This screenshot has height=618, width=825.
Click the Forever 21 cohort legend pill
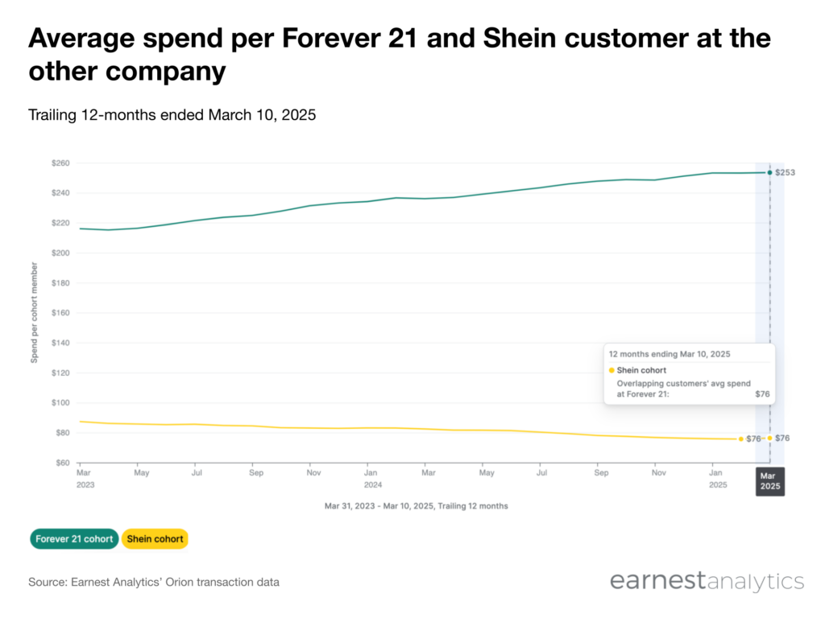[74, 538]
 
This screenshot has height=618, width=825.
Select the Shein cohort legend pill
[155, 538]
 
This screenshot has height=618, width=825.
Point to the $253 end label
[785, 172]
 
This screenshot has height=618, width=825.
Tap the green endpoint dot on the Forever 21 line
[769, 172]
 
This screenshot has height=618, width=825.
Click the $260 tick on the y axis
[60, 163]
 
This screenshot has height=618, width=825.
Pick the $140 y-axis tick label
[60, 343]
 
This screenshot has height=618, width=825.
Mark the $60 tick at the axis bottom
[63, 463]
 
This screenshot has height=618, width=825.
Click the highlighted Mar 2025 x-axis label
[770, 481]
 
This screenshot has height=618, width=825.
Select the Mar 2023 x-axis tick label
[85, 479]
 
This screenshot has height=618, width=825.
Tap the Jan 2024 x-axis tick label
[372, 479]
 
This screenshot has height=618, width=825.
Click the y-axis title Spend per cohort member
[34, 313]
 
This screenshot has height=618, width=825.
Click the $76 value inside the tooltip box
[762, 394]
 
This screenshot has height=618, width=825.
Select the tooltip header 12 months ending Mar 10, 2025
[670, 354]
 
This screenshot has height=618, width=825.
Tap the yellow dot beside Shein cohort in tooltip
[611, 370]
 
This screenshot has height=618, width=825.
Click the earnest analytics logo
[707, 581]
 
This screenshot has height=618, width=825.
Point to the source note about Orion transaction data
[154, 583]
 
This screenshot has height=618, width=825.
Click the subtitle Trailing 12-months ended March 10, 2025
[172, 114]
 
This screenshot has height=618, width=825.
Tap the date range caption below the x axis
[417, 506]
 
